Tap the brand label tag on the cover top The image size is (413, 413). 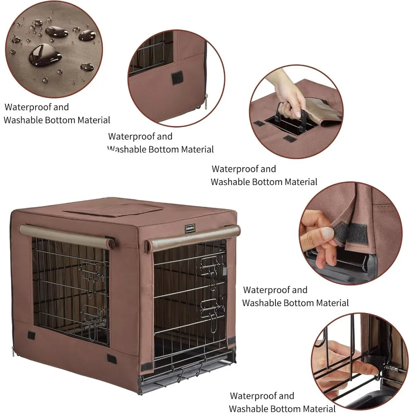(190, 228)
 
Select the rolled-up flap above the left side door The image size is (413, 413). (66, 237)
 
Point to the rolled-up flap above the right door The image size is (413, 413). (192, 239)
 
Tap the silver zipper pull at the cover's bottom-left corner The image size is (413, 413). (14, 351)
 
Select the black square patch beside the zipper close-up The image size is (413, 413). (177, 77)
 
